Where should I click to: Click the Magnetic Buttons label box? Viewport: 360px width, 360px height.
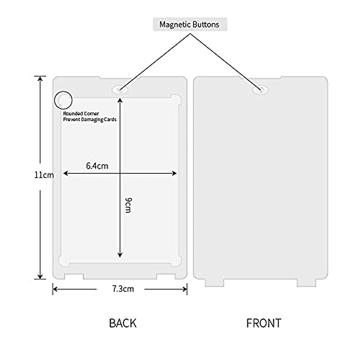pyautogui.click(x=190, y=25)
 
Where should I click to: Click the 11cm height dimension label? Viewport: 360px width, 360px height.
pyautogui.click(x=44, y=175)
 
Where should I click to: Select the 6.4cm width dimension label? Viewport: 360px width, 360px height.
pyautogui.click(x=97, y=166)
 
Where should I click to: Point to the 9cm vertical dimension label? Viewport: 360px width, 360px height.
pyautogui.click(x=128, y=205)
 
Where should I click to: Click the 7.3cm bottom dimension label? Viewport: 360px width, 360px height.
pyautogui.click(x=123, y=289)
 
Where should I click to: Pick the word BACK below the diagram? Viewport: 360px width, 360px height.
pyautogui.click(x=123, y=323)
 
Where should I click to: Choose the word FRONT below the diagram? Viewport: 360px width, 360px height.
pyautogui.click(x=264, y=323)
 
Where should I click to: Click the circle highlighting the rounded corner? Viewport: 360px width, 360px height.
pyautogui.click(x=63, y=100)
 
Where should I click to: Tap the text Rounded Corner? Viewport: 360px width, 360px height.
pyautogui.click(x=81, y=114)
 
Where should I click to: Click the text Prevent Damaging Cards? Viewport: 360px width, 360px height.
pyautogui.click(x=90, y=119)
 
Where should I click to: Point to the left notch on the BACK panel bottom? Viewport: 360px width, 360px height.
pyautogui.click(x=74, y=276)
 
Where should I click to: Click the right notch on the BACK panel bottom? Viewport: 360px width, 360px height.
pyautogui.click(x=166, y=276)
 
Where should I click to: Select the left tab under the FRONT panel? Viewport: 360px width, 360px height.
pyautogui.click(x=214, y=283)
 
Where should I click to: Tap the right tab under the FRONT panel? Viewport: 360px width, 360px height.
pyautogui.click(x=307, y=283)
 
